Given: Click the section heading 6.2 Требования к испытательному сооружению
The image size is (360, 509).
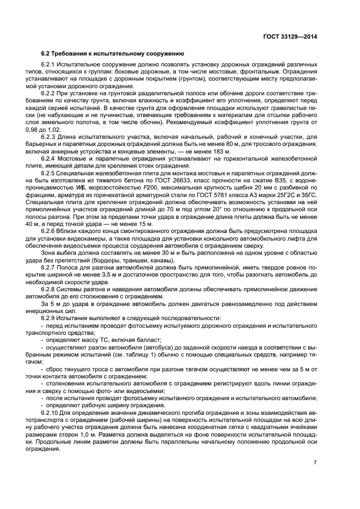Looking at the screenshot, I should point(112,54).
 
